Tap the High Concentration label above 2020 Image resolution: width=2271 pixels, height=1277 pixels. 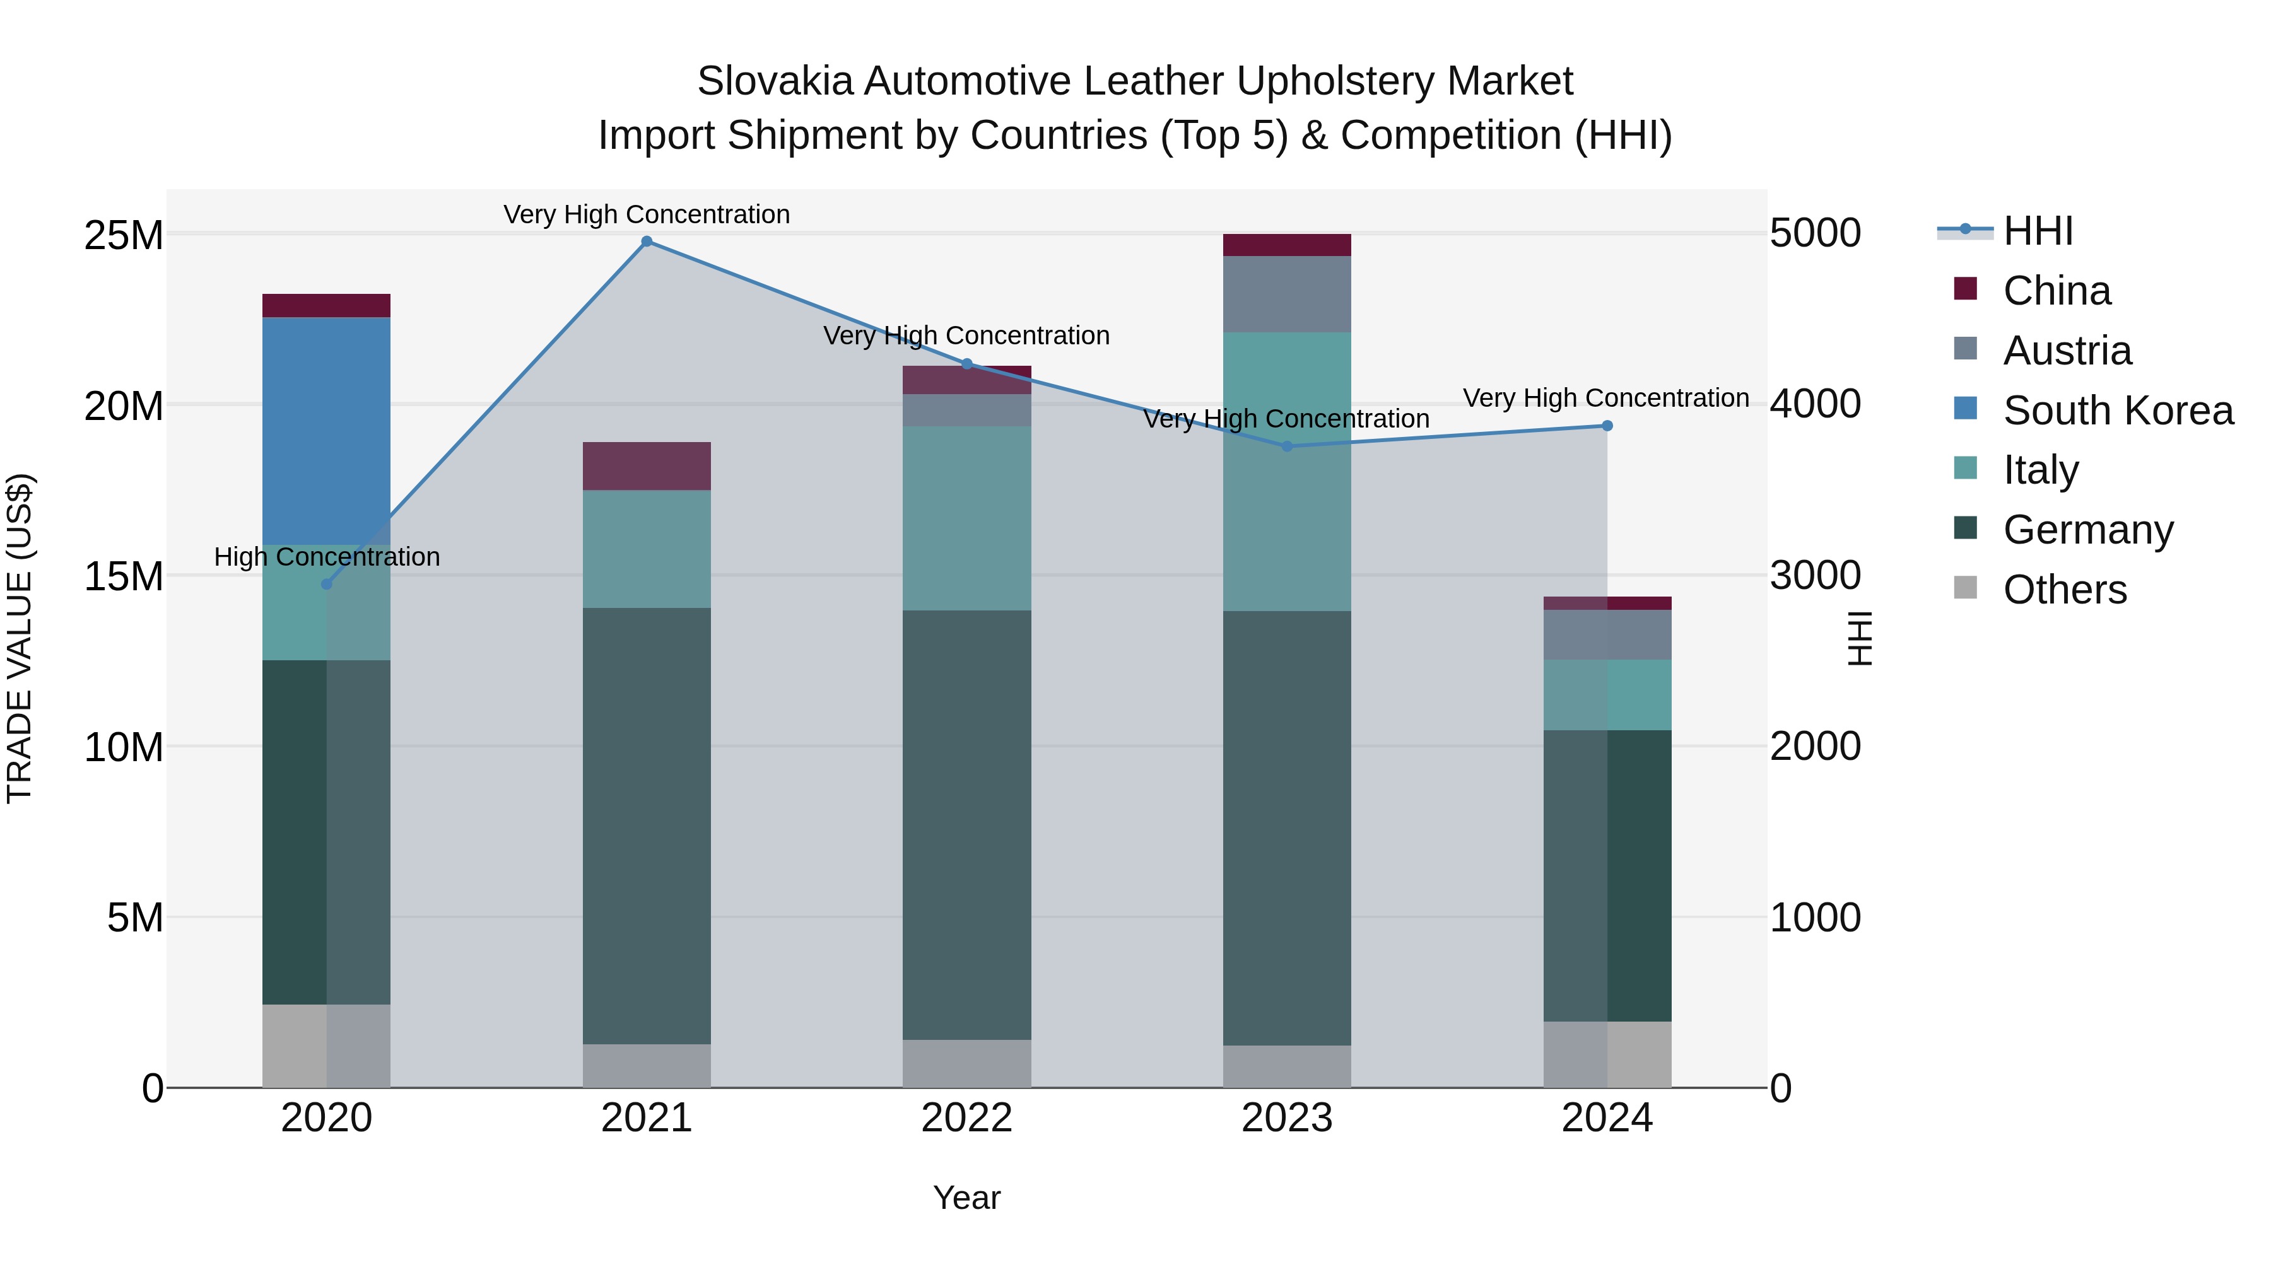[326, 557]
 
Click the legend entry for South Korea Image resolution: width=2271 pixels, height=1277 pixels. [2118, 411]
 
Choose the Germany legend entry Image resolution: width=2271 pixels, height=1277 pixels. [2087, 530]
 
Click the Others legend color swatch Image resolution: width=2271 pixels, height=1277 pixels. [1965, 587]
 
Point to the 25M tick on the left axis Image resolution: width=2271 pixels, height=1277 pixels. [124, 235]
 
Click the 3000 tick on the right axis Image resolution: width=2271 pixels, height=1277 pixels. [1814, 576]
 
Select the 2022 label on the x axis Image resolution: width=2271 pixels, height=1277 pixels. [966, 1118]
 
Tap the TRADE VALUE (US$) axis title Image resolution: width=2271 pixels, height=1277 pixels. [20, 638]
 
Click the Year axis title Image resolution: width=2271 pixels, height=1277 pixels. [966, 1198]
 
